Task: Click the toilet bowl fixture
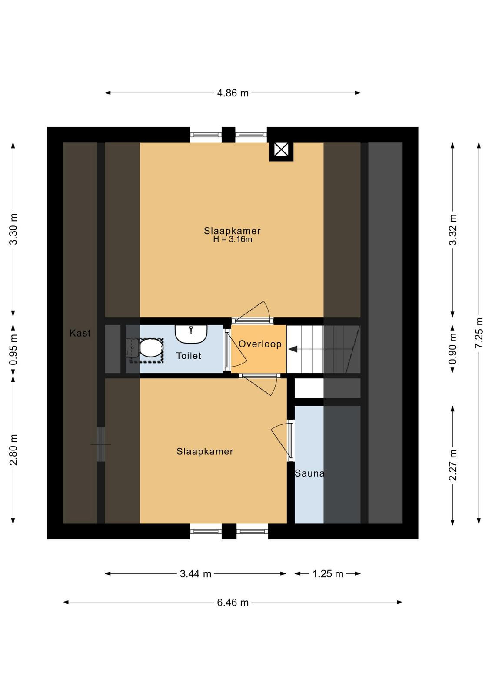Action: pyautogui.click(x=145, y=350)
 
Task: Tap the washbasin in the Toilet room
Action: pyautogui.click(x=191, y=334)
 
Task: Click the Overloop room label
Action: pyautogui.click(x=260, y=344)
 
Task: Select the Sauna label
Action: pyautogui.click(x=309, y=473)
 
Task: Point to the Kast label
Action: pyautogui.click(x=80, y=333)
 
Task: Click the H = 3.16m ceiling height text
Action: pyautogui.click(x=233, y=239)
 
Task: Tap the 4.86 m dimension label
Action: pyautogui.click(x=233, y=93)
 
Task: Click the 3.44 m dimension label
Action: pyautogui.click(x=196, y=574)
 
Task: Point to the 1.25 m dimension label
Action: pyautogui.click(x=328, y=574)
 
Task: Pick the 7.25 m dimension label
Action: pyautogui.click(x=479, y=333)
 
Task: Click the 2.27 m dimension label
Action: pyautogui.click(x=453, y=465)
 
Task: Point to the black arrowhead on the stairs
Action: pyautogui.click(x=293, y=349)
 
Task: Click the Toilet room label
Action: pyautogui.click(x=189, y=356)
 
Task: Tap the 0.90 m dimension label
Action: pyautogui.click(x=453, y=349)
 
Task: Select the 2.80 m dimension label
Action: pyautogui.click(x=13, y=450)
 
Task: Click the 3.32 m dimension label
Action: pyautogui.click(x=453, y=229)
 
